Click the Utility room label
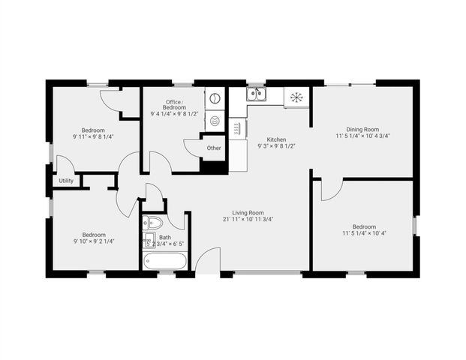(x=66, y=181)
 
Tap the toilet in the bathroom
(x=152, y=222)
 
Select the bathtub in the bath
(x=165, y=261)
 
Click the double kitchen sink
(x=256, y=94)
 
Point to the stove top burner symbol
(x=296, y=96)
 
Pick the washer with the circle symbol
(x=215, y=98)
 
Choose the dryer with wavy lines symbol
(x=215, y=120)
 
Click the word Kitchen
(x=276, y=139)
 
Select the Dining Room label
(x=362, y=128)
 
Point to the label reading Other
(x=214, y=148)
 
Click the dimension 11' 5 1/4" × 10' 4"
(x=363, y=234)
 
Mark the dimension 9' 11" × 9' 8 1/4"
(x=93, y=137)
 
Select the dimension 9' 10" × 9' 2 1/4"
(x=93, y=241)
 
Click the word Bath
(x=164, y=237)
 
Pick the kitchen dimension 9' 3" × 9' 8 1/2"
(x=276, y=146)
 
